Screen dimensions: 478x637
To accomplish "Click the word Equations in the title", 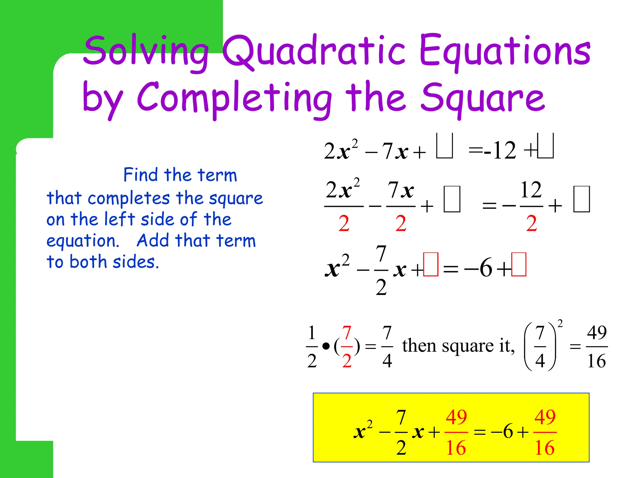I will [504, 51].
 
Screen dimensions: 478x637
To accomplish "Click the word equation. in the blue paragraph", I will [83, 241].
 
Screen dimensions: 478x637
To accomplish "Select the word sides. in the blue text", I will [136, 262].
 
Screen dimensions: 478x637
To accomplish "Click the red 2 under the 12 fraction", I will [531, 223].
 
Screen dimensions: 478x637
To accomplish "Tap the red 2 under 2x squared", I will [344, 223].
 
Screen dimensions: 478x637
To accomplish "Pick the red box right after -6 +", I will [519, 265].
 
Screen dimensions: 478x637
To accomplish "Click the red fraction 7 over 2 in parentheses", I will [347, 346].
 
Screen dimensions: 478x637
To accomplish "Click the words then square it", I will [458, 346].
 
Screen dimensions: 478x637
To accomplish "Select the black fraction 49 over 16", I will [597, 346].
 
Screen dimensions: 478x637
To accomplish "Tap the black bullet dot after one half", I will [326, 346].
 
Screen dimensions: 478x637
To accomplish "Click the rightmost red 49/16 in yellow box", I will [545, 432].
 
